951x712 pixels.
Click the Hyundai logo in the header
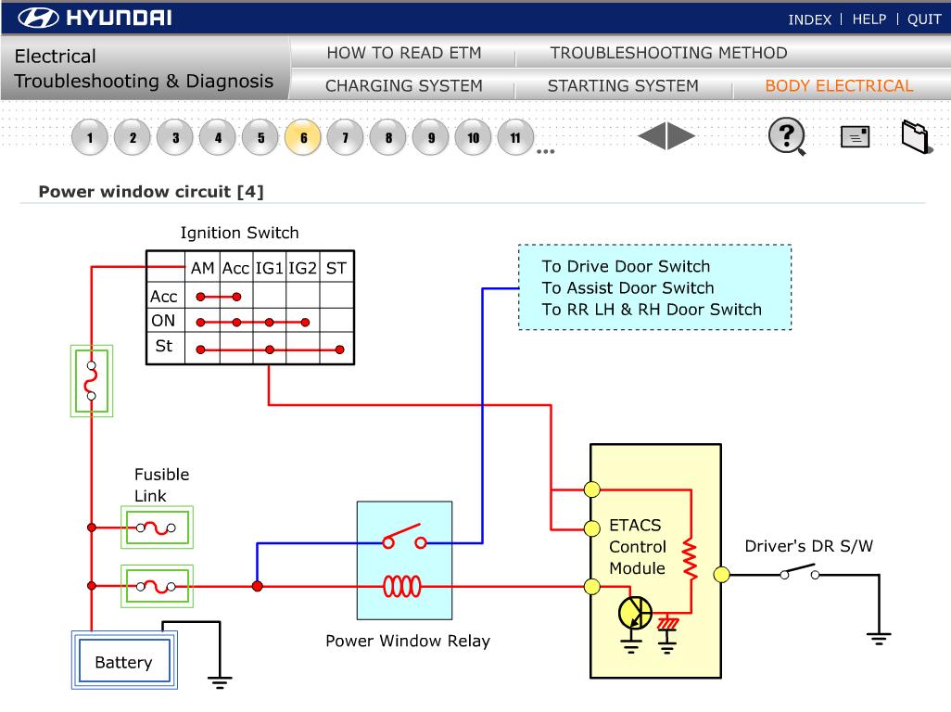87,18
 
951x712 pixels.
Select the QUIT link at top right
923,19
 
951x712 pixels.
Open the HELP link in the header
869,19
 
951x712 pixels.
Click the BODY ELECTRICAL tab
838,86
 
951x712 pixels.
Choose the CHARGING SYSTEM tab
403,86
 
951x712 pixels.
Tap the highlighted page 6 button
303,138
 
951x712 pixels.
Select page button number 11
515,138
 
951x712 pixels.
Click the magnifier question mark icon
787,137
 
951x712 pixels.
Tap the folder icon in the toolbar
916,137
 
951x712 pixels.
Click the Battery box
122,662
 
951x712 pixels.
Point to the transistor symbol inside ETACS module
635,613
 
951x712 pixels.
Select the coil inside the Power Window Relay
402,586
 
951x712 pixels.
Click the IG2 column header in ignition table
302,268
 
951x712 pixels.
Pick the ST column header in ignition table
336,268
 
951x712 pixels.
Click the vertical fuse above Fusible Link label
91,380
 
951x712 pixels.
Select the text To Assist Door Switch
628,287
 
